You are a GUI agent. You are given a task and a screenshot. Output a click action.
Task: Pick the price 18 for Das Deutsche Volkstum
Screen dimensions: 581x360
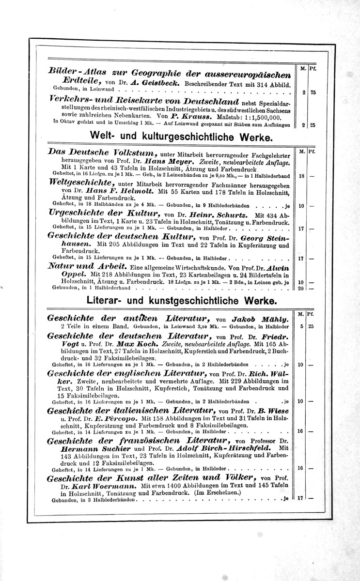click(301, 176)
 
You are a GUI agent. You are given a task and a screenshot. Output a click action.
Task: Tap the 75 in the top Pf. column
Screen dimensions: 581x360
click(313, 93)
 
